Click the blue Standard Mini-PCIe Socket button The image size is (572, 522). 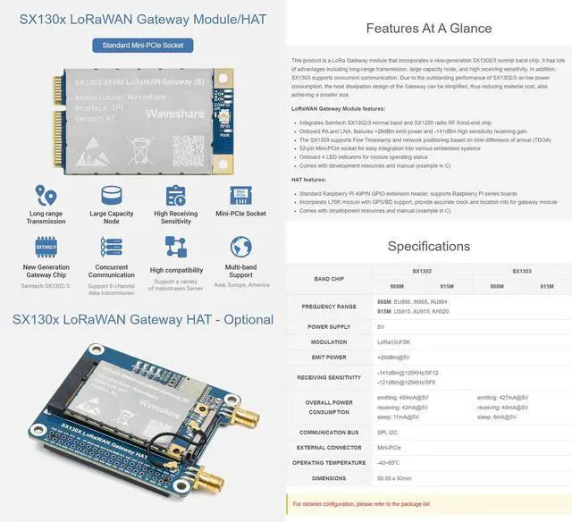[142, 44]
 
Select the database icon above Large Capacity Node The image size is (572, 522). [111, 195]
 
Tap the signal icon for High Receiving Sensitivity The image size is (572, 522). [175, 195]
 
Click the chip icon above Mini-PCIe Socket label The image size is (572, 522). [240, 195]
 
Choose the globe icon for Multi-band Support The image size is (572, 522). [240, 247]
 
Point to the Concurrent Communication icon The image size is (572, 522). [111, 247]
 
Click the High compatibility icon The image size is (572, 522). [175, 248]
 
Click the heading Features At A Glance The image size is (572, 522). [429, 28]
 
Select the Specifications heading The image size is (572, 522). [429, 246]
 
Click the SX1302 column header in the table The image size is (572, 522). [422, 270]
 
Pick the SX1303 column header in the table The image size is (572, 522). [522, 270]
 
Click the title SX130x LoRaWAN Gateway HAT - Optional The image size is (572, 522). [142, 319]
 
